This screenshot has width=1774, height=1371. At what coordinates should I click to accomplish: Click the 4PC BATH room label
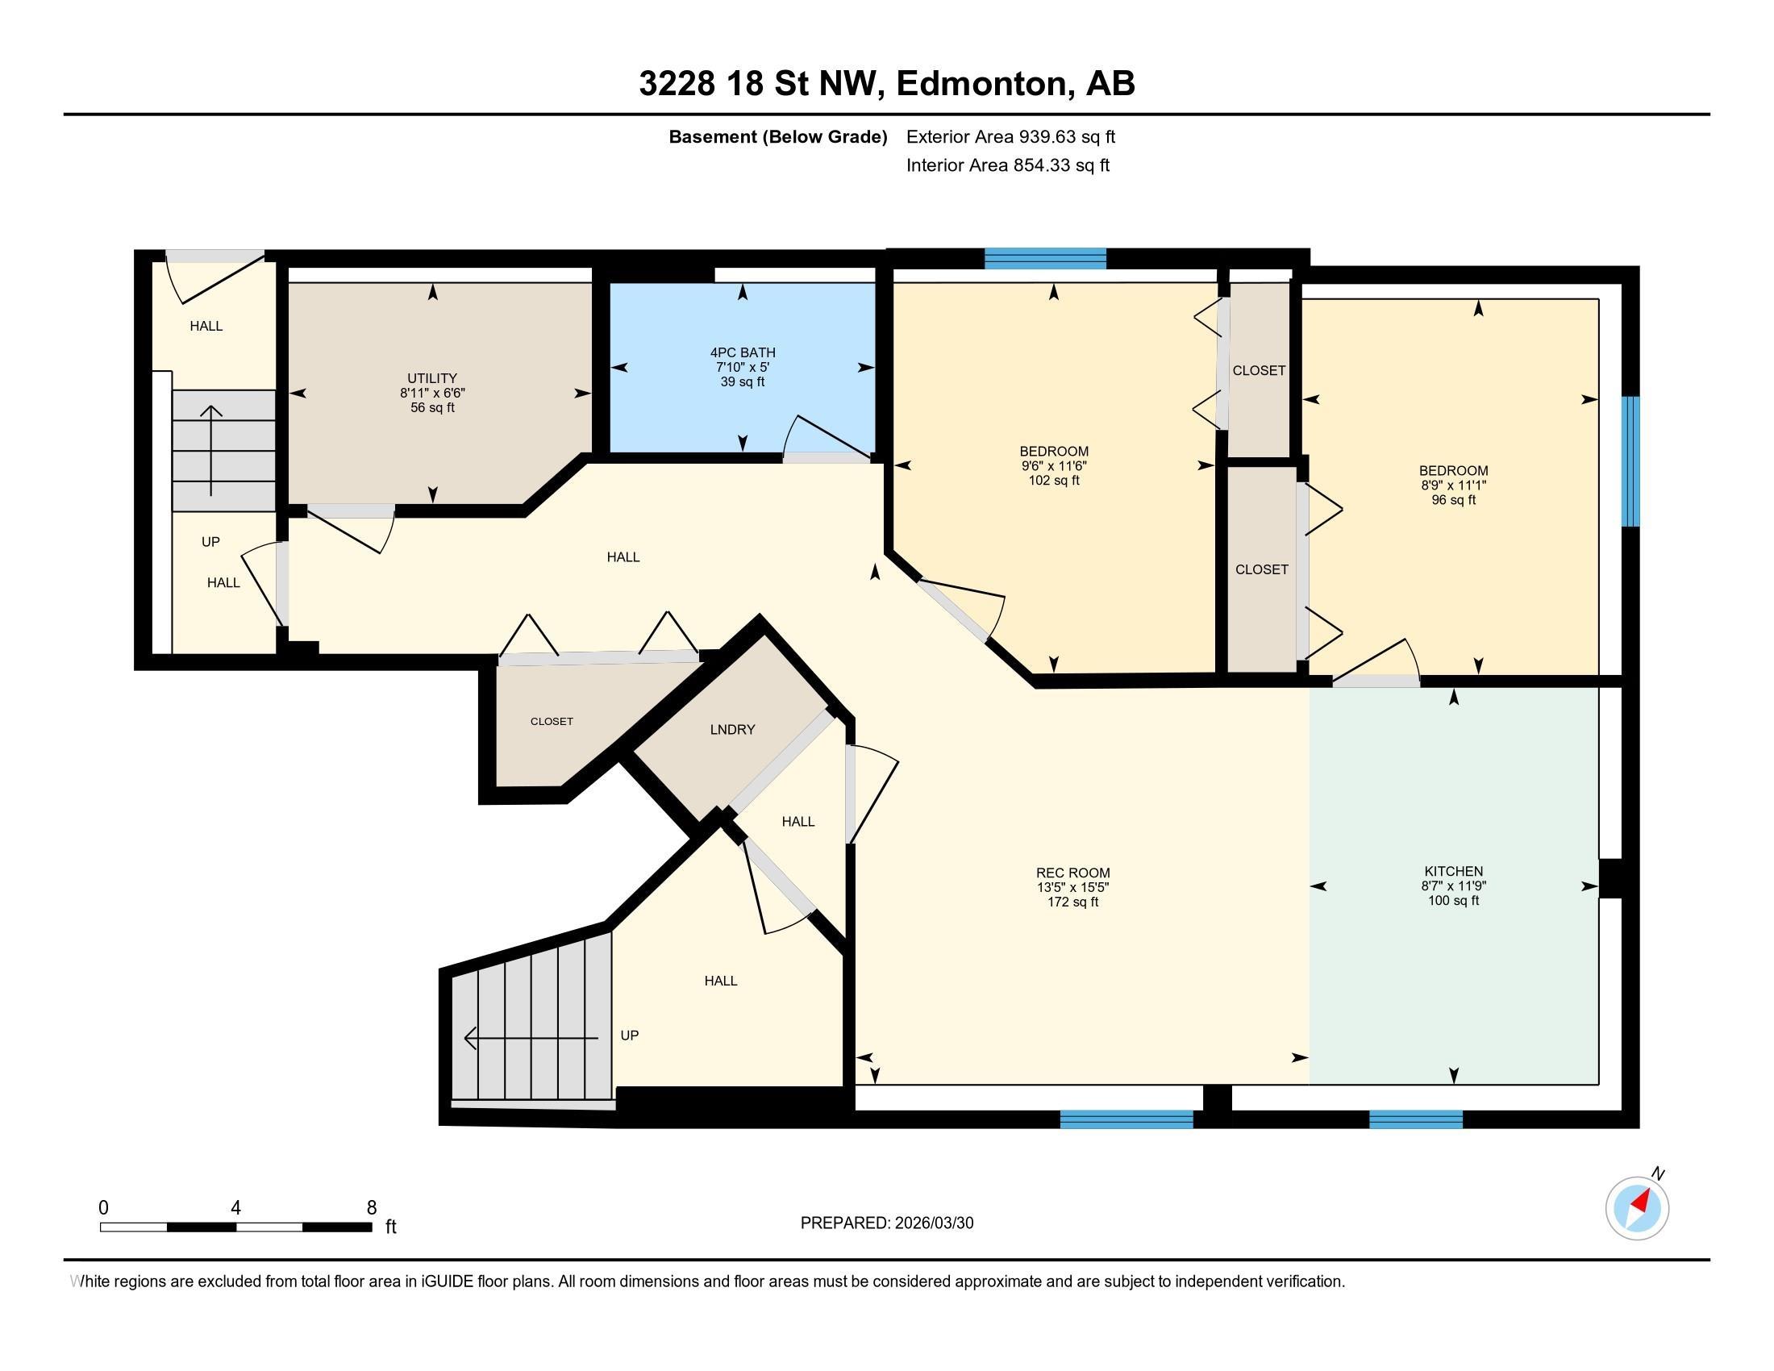(742, 352)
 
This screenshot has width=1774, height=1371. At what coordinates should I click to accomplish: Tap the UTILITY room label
(432, 378)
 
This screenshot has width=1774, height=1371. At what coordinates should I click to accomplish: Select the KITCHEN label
(1453, 872)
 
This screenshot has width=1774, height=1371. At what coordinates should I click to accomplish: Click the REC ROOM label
(1072, 873)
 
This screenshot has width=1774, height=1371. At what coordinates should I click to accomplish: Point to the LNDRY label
(732, 729)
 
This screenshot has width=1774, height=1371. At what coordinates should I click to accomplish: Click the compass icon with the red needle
(1637, 1208)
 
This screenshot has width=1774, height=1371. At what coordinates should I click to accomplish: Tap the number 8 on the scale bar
(371, 1208)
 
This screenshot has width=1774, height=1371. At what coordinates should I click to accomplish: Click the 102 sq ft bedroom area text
(1054, 481)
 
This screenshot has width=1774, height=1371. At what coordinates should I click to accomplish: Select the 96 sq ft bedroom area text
(1453, 500)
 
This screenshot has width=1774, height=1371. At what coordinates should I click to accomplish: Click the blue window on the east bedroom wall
(1630, 460)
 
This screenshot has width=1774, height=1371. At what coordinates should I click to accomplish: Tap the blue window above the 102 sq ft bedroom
(1045, 258)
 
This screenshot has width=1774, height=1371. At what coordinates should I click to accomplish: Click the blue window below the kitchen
(1415, 1120)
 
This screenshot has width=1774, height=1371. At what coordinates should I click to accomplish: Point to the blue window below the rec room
(1126, 1120)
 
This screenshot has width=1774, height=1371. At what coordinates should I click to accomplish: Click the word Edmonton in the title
(981, 84)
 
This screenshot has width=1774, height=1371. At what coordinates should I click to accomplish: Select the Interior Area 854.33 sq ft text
(1007, 165)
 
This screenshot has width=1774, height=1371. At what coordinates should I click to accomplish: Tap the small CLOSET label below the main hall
(552, 721)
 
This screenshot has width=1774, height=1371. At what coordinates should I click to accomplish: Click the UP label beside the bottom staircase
(630, 1036)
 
